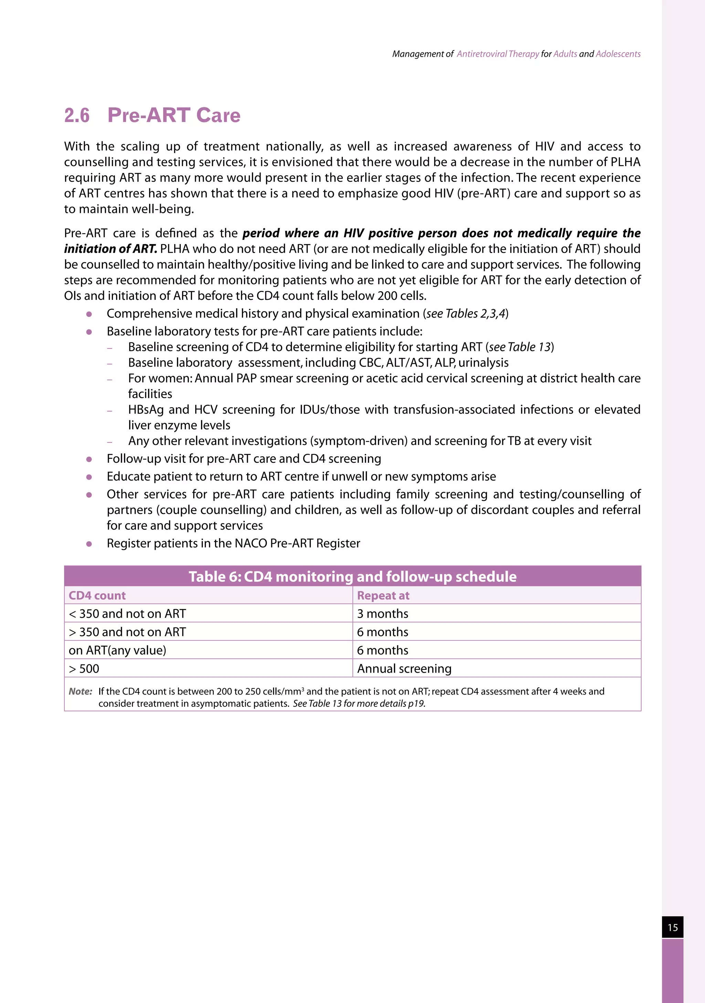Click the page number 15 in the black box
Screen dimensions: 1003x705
tap(672, 927)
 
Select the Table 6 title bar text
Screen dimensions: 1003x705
tap(352, 577)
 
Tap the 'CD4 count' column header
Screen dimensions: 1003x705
tap(97, 596)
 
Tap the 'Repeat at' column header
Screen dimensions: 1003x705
tap(383, 596)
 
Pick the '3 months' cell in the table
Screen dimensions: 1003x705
tap(383, 614)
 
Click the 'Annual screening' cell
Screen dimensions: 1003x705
tap(404, 669)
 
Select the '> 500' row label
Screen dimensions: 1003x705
tap(84, 669)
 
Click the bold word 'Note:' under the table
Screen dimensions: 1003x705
tap(81, 691)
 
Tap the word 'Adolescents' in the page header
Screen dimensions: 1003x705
tap(618, 54)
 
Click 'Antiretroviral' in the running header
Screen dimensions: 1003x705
tap(482, 54)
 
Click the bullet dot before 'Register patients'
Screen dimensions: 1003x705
tap(89, 544)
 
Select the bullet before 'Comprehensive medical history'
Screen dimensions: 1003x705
tap(89, 314)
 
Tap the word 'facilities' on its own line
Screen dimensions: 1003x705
tap(150, 394)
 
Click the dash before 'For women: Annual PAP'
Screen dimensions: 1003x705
tap(110, 379)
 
